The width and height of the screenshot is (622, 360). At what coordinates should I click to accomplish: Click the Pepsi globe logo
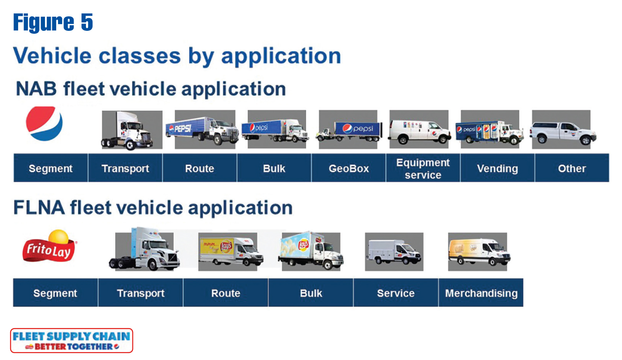pos(44,123)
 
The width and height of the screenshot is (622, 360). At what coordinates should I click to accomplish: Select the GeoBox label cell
pos(349,168)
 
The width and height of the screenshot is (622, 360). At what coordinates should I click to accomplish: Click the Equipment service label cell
pos(423,168)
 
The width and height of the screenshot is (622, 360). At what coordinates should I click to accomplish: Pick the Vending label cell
pos(498,168)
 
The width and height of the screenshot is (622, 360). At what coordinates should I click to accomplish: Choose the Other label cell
pos(572,168)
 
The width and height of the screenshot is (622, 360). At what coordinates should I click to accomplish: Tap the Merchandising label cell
pos(481,293)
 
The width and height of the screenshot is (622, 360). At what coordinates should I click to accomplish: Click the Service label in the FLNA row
pos(396,293)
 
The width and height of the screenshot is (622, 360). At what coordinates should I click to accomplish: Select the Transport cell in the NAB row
pos(125,168)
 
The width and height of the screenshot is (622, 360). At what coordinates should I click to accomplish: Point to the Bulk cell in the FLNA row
pos(311,293)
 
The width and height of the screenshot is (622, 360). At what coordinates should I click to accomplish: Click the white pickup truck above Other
pos(563,133)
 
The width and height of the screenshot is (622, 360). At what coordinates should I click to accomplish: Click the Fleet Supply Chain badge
pos(71,340)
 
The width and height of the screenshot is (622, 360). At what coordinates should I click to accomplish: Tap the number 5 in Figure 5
pos(87,22)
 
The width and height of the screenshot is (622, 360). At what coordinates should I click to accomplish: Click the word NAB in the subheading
pos(36,89)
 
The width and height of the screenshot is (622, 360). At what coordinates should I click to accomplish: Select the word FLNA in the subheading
pos(39,208)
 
